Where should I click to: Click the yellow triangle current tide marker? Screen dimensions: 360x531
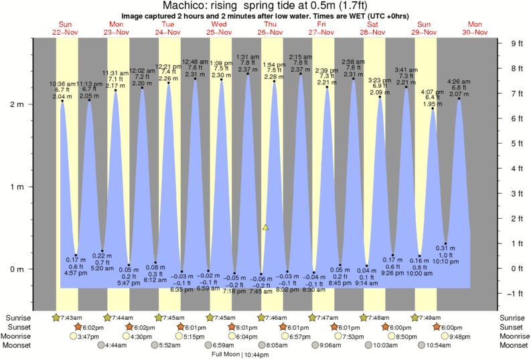[266, 228]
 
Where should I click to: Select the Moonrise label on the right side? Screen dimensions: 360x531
[511, 336]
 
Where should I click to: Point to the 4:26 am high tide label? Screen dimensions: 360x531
[459, 83]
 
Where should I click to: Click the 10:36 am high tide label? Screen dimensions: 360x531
[62, 84]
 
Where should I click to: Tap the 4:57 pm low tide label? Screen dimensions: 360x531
[76, 273]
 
